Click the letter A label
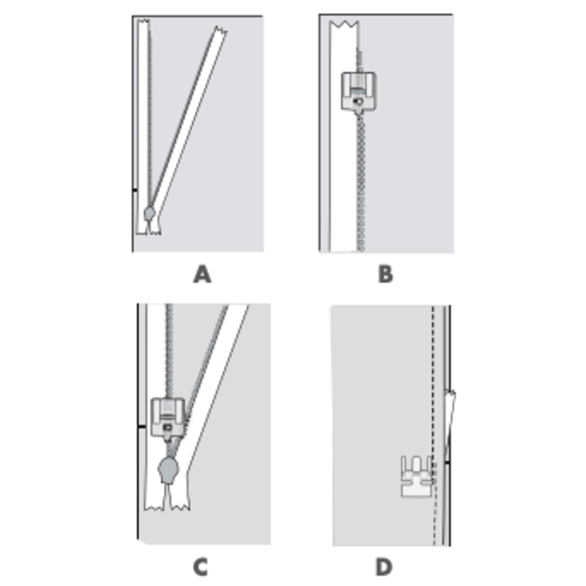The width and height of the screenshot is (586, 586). [202, 274]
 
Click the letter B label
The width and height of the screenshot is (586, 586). [386, 274]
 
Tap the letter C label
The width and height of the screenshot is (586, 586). [200, 567]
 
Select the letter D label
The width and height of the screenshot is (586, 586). [384, 567]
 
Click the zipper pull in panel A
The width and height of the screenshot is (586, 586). [150, 214]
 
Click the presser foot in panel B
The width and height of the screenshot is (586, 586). [359, 92]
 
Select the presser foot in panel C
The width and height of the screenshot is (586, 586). [168, 417]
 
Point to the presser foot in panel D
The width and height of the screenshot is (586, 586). [417, 477]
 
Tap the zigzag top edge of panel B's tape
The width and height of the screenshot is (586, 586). [344, 24]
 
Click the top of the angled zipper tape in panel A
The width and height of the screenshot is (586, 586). [221, 30]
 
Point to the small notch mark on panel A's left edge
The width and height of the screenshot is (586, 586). [135, 190]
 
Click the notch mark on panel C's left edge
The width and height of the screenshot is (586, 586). [142, 426]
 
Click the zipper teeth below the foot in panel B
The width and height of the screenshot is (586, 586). [361, 182]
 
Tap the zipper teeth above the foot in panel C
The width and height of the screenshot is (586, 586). [169, 351]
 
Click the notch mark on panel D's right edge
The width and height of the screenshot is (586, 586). [447, 463]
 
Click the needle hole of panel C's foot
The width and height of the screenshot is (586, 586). [167, 426]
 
